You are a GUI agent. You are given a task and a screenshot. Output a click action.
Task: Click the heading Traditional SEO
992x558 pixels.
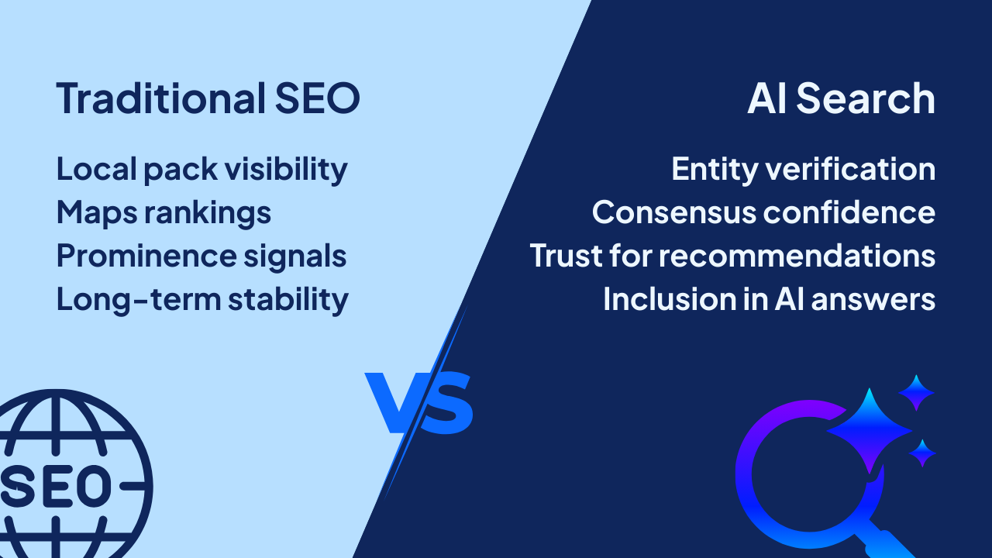[x=208, y=99]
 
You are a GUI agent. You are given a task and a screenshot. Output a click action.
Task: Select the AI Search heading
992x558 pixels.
[x=841, y=99]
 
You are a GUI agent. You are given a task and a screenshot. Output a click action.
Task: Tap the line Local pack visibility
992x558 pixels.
[x=201, y=169]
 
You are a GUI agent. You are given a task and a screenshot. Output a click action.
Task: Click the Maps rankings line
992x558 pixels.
[x=164, y=212]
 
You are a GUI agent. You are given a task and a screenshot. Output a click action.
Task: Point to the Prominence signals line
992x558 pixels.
[x=201, y=256]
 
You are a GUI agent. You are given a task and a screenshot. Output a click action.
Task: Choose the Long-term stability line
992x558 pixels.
[x=202, y=299]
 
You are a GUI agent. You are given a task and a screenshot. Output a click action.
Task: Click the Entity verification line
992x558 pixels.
[x=803, y=169]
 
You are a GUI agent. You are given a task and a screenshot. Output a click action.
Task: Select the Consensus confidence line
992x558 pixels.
[x=763, y=212]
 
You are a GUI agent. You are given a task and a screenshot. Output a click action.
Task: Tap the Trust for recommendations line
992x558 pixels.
[x=732, y=256]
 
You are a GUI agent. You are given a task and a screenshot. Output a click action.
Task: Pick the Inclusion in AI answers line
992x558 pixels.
[x=769, y=299]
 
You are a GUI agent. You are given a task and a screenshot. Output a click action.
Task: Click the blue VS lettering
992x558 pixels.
[x=419, y=403]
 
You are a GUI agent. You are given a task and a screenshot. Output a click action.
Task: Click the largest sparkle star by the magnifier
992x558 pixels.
[x=869, y=429]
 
